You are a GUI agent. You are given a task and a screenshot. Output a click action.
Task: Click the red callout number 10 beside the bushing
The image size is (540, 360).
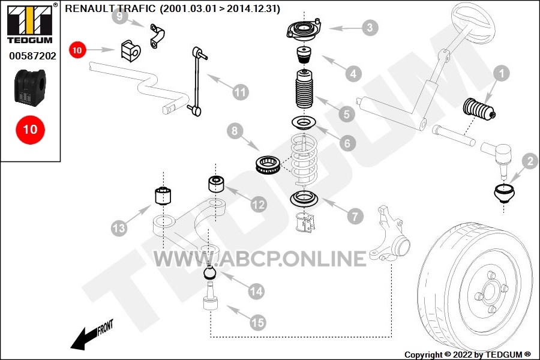coord(77,50)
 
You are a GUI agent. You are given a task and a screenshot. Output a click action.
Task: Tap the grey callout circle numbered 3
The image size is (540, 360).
coord(370,28)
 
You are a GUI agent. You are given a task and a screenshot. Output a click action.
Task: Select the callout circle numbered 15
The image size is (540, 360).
coord(257,322)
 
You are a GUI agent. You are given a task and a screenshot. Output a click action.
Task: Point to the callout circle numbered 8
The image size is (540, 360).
coord(235,131)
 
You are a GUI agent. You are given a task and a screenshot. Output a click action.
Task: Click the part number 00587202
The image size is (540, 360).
coord(32,56)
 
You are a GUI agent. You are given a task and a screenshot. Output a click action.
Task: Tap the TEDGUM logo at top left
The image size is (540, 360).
coord(30,24)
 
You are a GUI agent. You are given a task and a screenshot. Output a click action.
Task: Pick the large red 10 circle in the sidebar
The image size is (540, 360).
coord(31,130)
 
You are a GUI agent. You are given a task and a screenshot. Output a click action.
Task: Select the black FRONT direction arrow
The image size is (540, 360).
coord(92,336)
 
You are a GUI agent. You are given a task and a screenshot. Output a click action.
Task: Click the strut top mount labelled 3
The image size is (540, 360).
coord(304,31)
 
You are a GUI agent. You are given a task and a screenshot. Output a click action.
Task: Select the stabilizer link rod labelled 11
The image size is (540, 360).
coord(197,82)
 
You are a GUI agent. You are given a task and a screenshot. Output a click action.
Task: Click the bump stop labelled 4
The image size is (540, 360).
coord(304,55)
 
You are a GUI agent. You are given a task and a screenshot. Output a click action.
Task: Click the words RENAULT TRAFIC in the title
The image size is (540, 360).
coord(110,8)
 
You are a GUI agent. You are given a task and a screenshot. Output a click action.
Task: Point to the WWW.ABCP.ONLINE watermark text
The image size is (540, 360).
coord(260,259)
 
